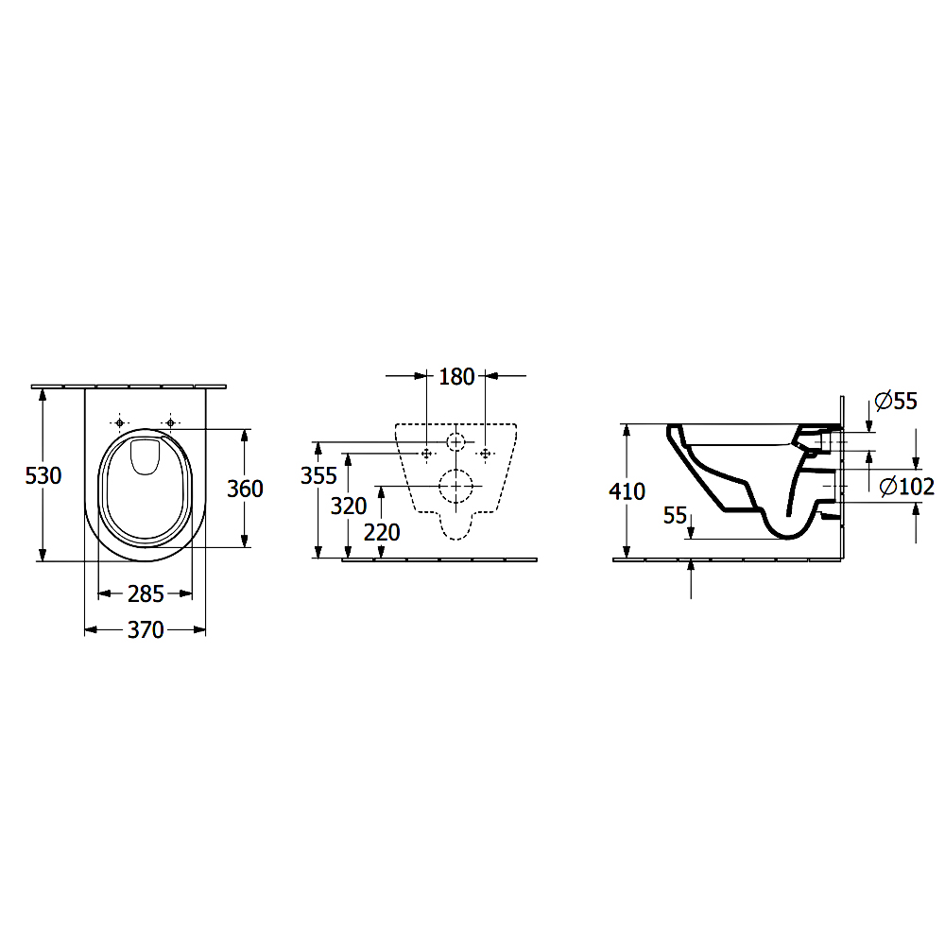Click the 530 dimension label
pyautogui.click(x=43, y=476)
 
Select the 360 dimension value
pyautogui.click(x=245, y=489)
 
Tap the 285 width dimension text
pyautogui.click(x=146, y=594)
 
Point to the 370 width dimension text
pyautogui.click(x=146, y=630)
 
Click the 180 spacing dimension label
pyautogui.click(x=456, y=377)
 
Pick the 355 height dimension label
pyautogui.click(x=318, y=476)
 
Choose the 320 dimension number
pyautogui.click(x=349, y=507)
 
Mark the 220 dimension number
pyautogui.click(x=382, y=533)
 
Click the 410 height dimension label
pyautogui.click(x=627, y=491)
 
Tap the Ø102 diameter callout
pyautogui.click(x=907, y=487)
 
